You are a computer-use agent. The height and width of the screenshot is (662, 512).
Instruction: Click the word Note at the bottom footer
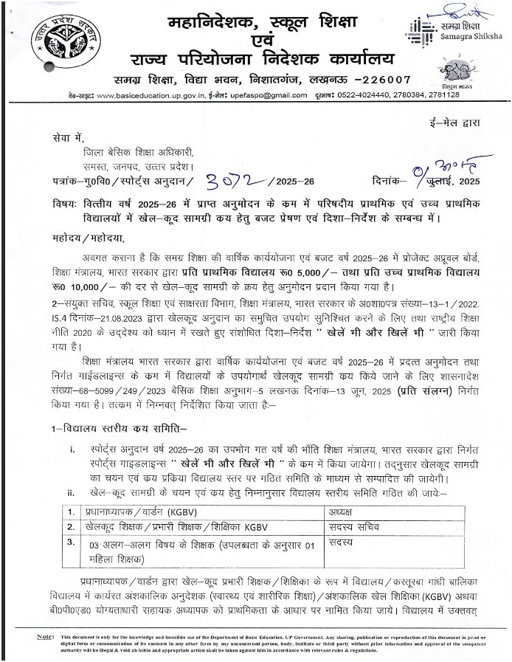(46, 636)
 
